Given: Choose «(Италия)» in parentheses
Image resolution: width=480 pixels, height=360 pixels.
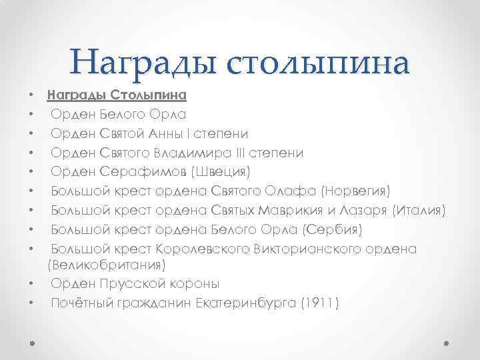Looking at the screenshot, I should [418, 211].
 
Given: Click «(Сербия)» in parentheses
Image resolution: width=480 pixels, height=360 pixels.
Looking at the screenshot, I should [332, 231].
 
